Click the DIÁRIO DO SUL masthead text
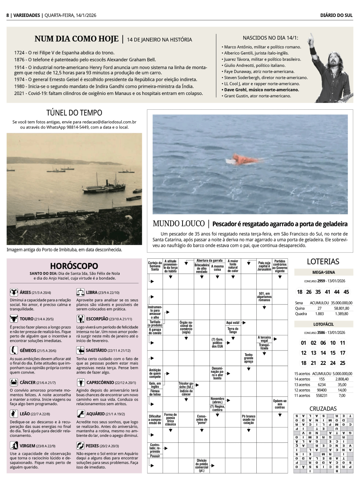[336, 15]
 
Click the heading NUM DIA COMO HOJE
[76, 39]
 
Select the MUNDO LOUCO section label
[178, 224]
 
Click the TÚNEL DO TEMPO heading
[74, 113]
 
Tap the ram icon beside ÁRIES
[14, 292]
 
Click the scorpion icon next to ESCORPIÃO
[80, 319]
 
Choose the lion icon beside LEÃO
[14, 414]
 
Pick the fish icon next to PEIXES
[80, 446]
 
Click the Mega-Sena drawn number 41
[327, 292]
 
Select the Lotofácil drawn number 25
[342, 363]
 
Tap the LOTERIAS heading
[323, 262]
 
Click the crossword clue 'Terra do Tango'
[233, 330]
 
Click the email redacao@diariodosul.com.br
[109, 122]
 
